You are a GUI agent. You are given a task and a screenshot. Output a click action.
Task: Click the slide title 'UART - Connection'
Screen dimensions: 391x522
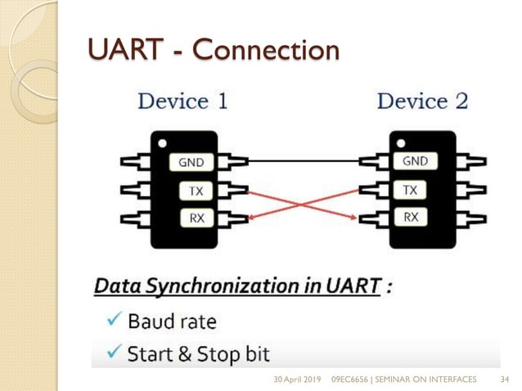tap(213, 50)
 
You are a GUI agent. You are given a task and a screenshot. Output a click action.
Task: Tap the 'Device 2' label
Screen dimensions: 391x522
tap(422, 101)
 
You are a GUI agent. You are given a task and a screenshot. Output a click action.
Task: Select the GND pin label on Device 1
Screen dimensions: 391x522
tap(197, 163)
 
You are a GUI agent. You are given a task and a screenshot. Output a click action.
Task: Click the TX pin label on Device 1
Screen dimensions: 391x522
tap(197, 191)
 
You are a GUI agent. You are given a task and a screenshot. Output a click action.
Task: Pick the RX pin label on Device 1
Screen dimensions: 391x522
tap(197, 218)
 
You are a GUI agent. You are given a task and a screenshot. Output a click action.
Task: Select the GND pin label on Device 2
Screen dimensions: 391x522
tap(415, 162)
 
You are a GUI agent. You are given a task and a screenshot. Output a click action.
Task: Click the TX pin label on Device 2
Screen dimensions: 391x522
tap(411, 191)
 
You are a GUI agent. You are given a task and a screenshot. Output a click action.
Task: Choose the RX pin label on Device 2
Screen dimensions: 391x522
tap(411, 218)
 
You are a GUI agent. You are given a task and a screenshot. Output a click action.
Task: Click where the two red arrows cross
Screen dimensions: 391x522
tap(302, 204)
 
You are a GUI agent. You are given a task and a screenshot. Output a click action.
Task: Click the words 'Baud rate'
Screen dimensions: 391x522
tap(171, 321)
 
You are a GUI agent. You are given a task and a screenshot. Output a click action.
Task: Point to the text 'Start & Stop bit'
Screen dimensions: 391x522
tap(198, 355)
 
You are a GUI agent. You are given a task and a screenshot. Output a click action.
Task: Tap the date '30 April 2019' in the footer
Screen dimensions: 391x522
tap(297, 379)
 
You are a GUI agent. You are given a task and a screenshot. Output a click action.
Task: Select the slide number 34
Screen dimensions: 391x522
tap(505, 379)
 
